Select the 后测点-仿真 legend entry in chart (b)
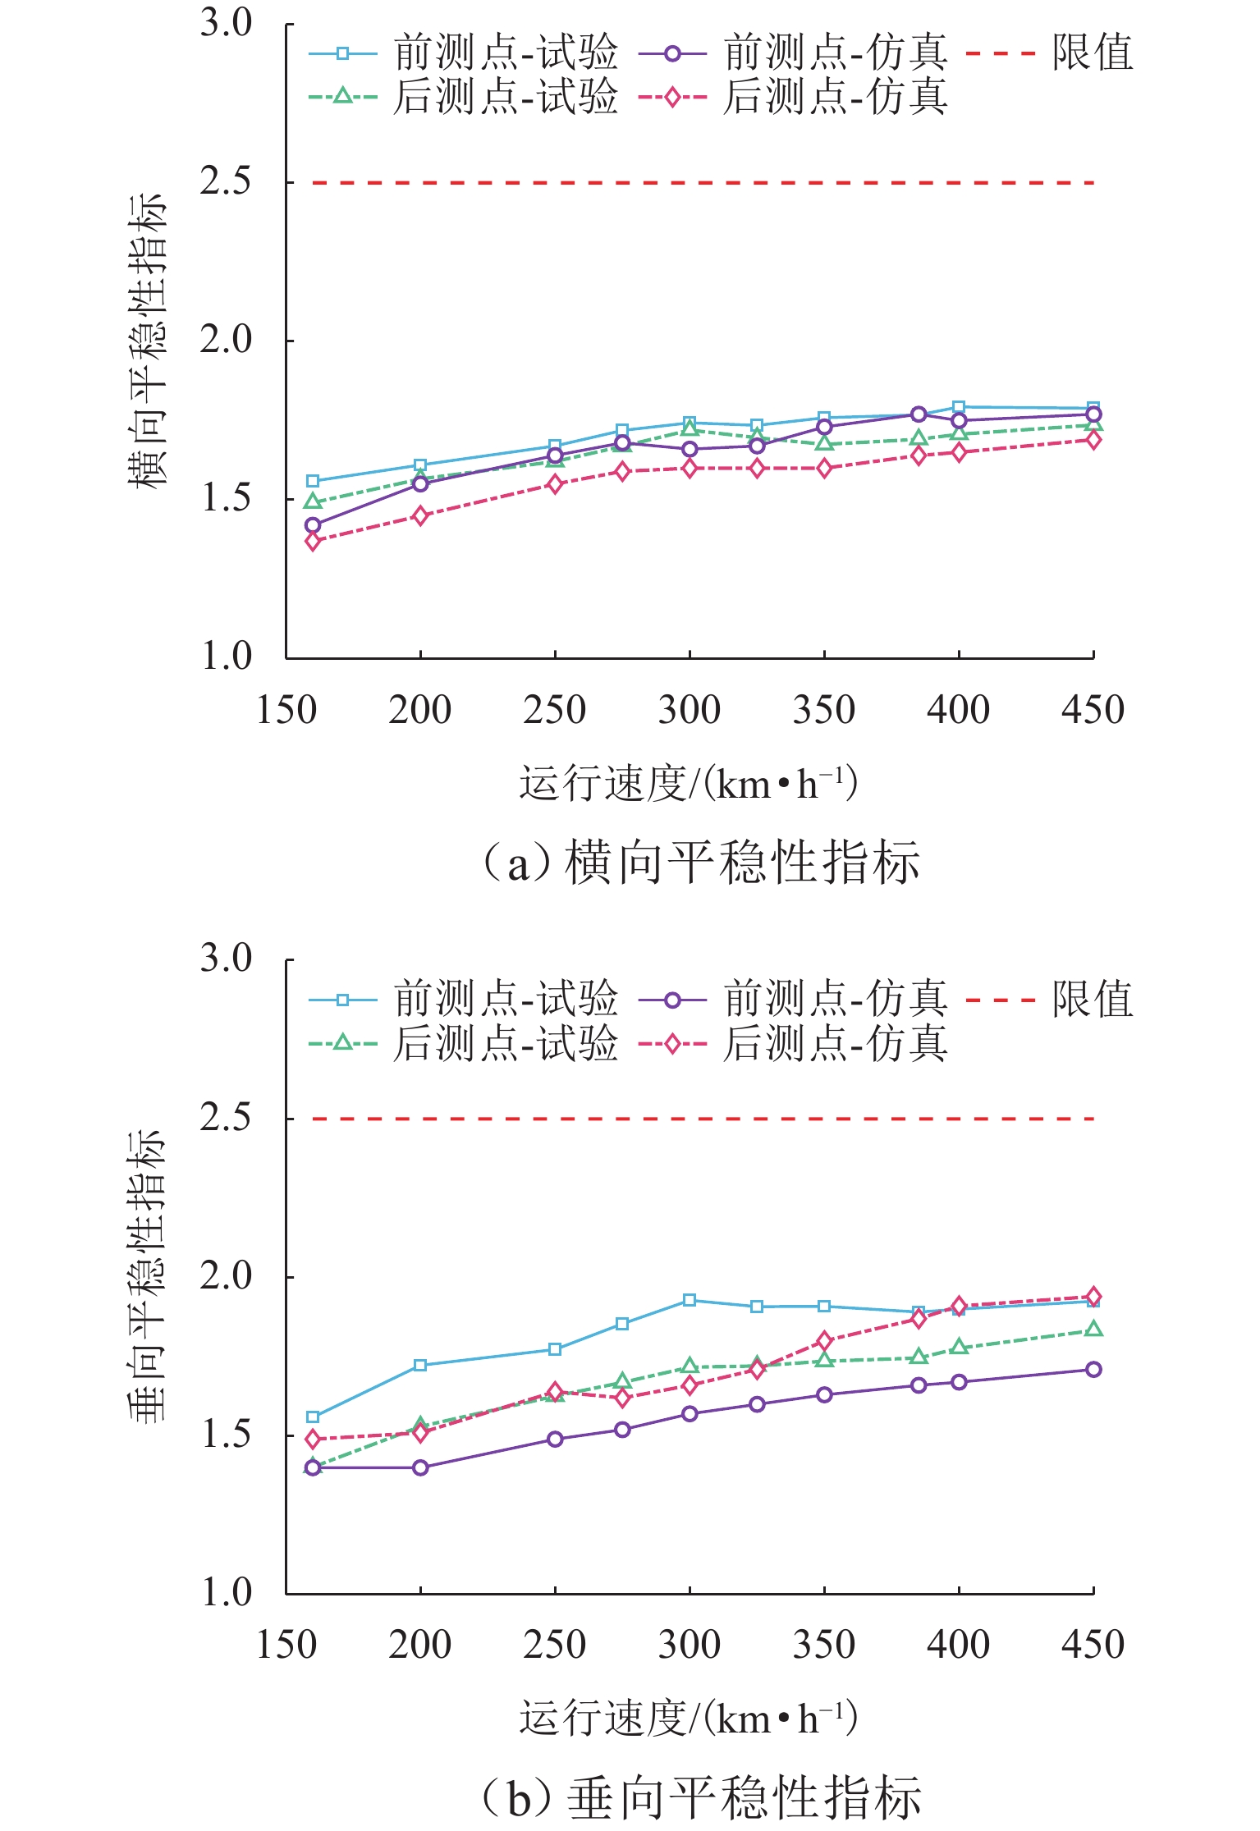coord(794,1044)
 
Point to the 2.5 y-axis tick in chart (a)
coord(226,181)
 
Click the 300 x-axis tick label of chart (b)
coord(690,1645)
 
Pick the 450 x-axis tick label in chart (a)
coord(1093,710)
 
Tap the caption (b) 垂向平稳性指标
coord(700,1797)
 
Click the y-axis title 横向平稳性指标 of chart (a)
coord(148,341)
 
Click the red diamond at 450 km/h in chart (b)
coord(1093,1297)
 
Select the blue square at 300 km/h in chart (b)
coord(690,1300)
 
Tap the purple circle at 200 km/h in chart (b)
coord(420,1467)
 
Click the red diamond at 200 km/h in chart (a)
coord(420,516)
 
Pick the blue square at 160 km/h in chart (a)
coord(313,481)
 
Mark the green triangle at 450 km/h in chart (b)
coord(1093,1330)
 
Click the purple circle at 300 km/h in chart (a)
coord(690,449)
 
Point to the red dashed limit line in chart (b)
coord(690,1119)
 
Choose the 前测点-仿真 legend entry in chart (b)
coord(794,1000)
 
